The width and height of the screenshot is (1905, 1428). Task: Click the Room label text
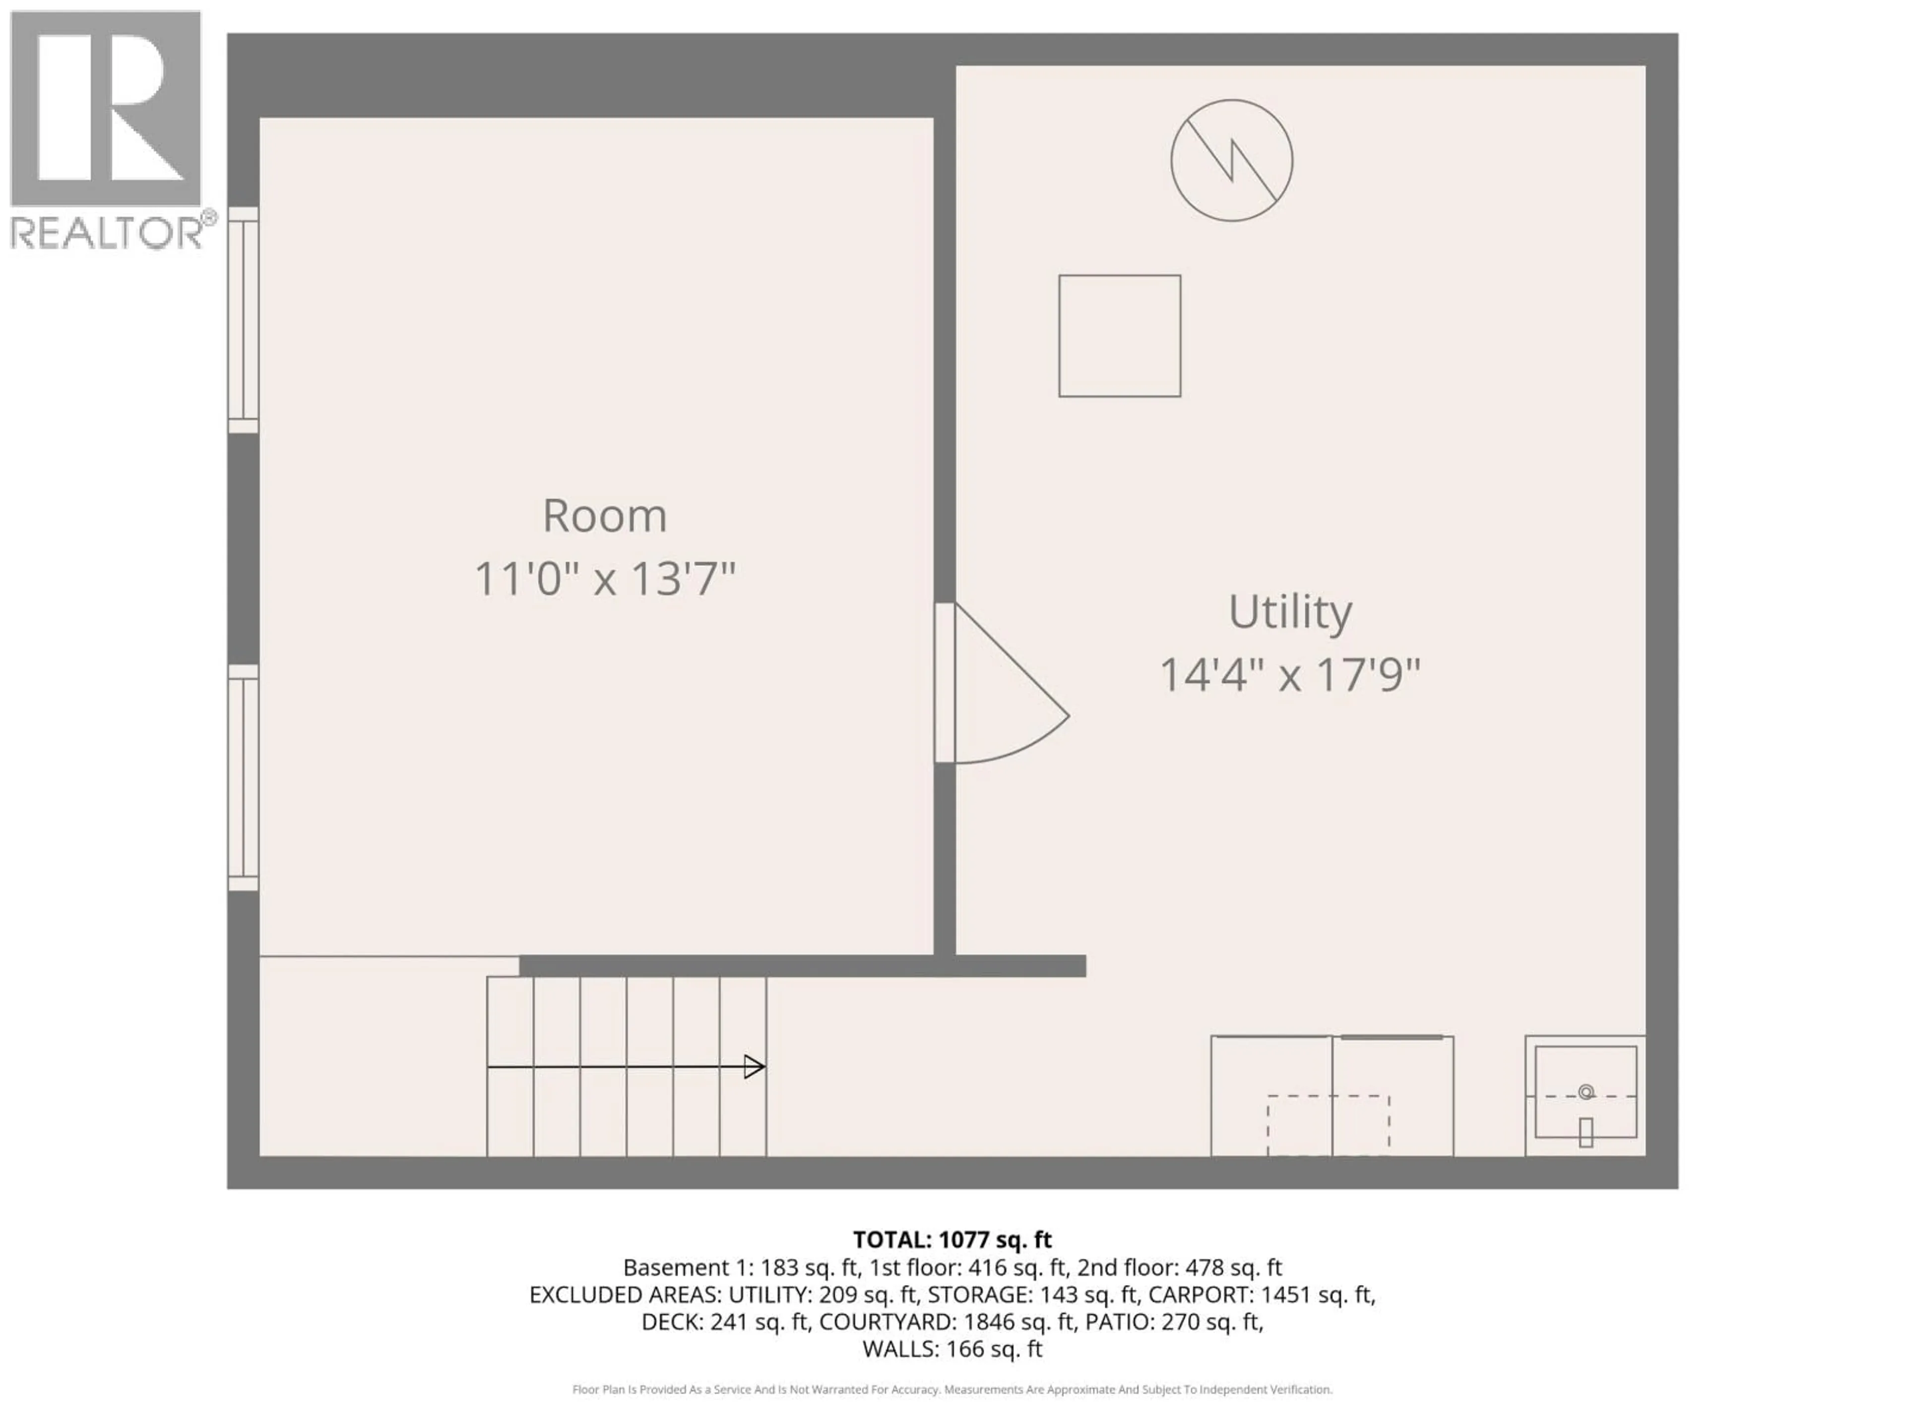(x=605, y=517)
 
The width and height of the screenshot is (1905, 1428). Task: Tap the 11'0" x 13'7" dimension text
(x=605, y=579)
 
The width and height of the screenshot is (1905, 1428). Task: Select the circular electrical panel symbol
(x=1231, y=160)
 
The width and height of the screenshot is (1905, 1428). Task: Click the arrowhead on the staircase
(x=755, y=1068)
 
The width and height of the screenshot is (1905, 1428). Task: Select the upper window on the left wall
(x=243, y=320)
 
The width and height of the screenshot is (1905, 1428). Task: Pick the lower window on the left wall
(x=243, y=777)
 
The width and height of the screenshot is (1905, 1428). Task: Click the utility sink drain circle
(x=1586, y=1092)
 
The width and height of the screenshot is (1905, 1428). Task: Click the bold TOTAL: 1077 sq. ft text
(x=952, y=1240)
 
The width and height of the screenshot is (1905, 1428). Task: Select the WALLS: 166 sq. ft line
(x=952, y=1349)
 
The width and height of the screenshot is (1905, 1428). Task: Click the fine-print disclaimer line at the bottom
(x=952, y=1389)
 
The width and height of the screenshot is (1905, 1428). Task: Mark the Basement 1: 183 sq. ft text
(x=741, y=1267)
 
